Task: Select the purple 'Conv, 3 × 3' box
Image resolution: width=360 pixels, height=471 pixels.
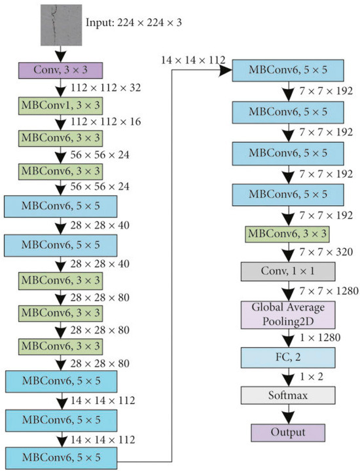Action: pos(60,67)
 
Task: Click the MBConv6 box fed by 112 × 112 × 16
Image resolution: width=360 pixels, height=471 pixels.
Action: pos(60,138)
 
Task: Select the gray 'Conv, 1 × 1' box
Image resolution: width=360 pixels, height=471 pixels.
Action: pos(288,270)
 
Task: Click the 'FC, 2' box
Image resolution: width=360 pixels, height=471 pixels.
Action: pos(288,358)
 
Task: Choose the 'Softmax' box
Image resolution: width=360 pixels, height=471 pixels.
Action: pos(288,396)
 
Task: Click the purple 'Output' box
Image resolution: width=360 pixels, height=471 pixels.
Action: pos(288,432)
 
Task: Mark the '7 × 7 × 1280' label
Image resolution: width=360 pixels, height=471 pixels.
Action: pos(326,289)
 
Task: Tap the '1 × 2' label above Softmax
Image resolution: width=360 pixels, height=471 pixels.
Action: pos(313,378)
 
